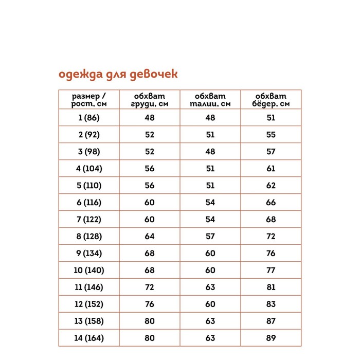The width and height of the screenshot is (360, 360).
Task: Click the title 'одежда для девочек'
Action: coord(118,75)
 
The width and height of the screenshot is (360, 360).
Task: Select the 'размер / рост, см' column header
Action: coord(89,100)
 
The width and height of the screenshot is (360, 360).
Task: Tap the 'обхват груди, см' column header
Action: coord(150,100)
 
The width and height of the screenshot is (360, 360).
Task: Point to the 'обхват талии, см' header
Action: coord(210,100)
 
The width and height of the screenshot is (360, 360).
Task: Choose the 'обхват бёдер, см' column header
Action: coord(271,100)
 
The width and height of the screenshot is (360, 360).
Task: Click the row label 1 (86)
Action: coord(89,118)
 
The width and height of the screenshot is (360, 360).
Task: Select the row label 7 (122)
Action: coord(89,220)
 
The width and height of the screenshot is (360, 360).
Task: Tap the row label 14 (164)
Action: coord(89,338)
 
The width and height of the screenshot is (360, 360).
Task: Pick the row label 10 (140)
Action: coord(89,270)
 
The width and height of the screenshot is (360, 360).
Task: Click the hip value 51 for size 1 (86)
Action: coord(271,118)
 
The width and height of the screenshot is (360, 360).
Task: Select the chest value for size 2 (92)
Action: coord(150,135)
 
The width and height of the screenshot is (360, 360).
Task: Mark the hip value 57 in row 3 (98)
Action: coord(271,152)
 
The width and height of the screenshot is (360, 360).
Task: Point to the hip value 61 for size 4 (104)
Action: coord(271,169)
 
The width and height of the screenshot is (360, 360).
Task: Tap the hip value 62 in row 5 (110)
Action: coord(271,186)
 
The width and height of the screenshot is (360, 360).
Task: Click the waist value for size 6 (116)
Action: coord(210,203)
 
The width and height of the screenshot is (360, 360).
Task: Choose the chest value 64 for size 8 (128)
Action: coord(150,237)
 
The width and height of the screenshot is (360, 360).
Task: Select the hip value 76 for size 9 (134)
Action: coord(271,253)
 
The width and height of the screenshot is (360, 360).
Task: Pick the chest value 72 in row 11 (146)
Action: coord(150,287)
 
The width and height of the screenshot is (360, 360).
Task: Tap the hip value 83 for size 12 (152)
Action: coord(271,304)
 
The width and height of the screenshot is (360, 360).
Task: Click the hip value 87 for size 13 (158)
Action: coord(271,321)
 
